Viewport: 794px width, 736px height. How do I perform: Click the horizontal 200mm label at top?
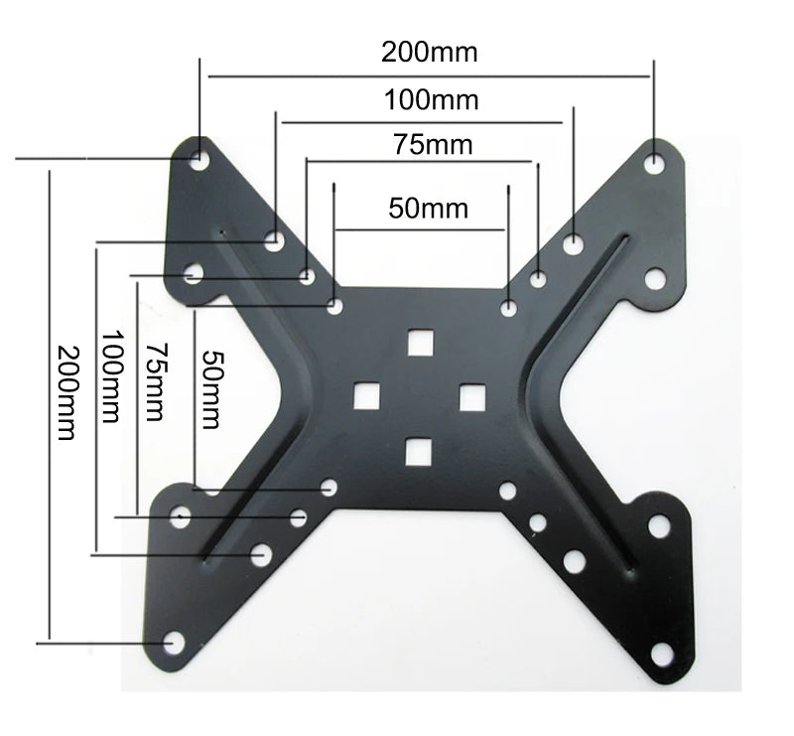click(429, 52)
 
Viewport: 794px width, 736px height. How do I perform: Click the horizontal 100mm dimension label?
click(431, 99)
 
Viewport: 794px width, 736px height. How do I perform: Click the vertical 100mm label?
click(111, 377)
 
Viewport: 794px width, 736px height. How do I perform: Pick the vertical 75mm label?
click(154, 381)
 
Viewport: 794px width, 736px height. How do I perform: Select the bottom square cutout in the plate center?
click(418, 451)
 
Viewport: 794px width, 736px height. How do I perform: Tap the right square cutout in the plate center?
click(470, 396)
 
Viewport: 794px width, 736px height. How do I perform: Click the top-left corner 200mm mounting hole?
click(199, 157)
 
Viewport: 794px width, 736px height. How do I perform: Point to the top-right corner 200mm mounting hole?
click(654, 161)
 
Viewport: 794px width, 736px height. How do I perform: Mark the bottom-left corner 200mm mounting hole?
click(173, 644)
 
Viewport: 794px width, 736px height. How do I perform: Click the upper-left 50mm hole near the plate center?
click(335, 306)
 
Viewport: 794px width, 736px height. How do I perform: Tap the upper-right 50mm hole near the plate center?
click(508, 309)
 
